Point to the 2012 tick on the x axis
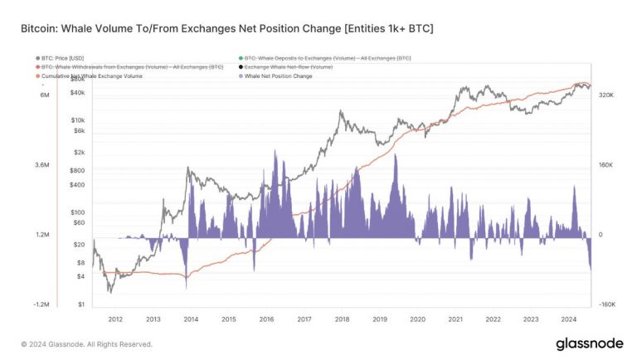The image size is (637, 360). point(115,319)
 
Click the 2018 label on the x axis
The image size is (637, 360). point(342,319)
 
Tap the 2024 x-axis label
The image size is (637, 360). point(569,319)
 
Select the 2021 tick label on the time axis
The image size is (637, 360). point(455,319)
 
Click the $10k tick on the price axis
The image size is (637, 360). point(80,120)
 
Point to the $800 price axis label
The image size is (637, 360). point(78,171)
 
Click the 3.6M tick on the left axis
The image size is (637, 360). point(41,166)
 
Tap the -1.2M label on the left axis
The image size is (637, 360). point(41,305)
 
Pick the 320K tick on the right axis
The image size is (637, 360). point(605,95)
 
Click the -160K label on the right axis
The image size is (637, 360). point(605,305)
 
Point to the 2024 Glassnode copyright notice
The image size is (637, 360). point(86,344)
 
